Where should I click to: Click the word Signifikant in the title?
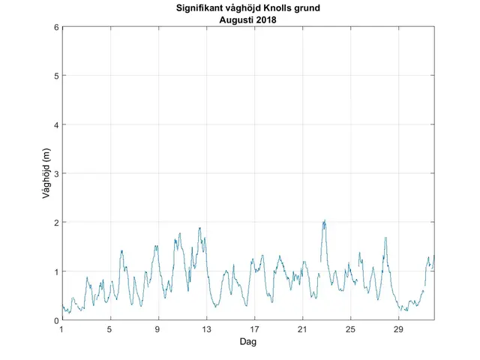click(200, 9)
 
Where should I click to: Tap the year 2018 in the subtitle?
click(265, 20)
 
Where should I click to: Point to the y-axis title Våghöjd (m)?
click(46, 174)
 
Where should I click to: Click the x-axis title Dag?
click(248, 341)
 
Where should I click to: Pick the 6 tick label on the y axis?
click(56, 27)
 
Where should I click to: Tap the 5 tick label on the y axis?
click(56, 76)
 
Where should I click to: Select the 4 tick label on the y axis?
click(56, 124)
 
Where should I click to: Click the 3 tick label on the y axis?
click(56, 173)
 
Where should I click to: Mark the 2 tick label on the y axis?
click(56, 223)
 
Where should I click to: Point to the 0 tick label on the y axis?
click(56, 320)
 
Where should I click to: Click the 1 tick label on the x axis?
click(62, 329)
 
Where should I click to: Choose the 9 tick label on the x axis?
click(158, 329)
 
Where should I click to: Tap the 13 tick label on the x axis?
click(206, 329)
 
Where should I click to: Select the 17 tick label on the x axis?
click(254, 329)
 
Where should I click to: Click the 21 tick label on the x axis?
click(302, 329)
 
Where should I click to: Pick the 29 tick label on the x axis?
click(398, 329)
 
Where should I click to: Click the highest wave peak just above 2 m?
click(325, 220)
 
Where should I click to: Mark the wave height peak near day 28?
click(385, 238)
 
